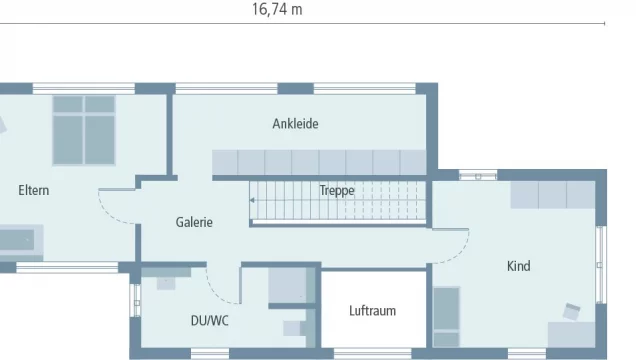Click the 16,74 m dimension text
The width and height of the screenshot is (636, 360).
click(277, 9)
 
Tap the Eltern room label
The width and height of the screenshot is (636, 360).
click(33, 190)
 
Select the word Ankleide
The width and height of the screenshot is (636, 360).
click(295, 124)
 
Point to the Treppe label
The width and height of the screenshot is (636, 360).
click(337, 190)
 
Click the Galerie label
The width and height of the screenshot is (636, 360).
click(194, 222)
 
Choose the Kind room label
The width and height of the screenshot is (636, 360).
click(518, 266)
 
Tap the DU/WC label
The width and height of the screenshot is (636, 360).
click(210, 321)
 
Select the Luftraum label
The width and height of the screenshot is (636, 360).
click(372, 310)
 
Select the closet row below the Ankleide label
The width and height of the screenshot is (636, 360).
click(319, 162)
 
